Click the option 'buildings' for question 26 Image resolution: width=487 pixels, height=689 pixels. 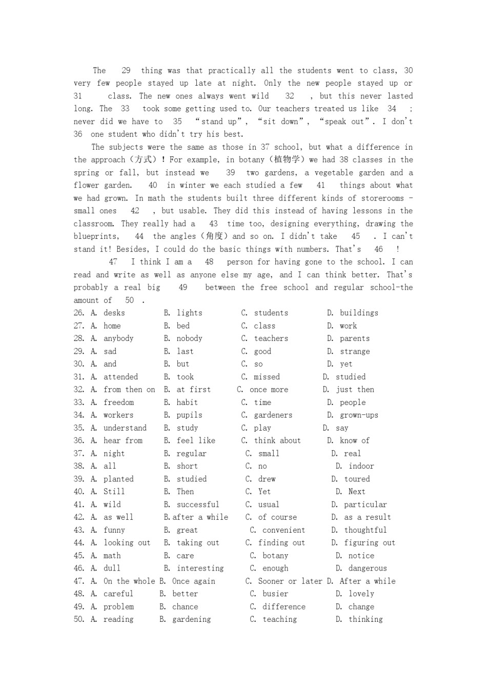click(x=359, y=313)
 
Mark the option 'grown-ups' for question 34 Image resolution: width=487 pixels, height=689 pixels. click(x=359, y=415)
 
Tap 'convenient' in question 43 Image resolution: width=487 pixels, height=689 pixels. click(x=283, y=530)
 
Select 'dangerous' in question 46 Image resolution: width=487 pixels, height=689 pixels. click(x=368, y=568)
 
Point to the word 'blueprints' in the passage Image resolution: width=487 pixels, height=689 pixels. click(x=96, y=236)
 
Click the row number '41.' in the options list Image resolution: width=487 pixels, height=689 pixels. click(x=78, y=504)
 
